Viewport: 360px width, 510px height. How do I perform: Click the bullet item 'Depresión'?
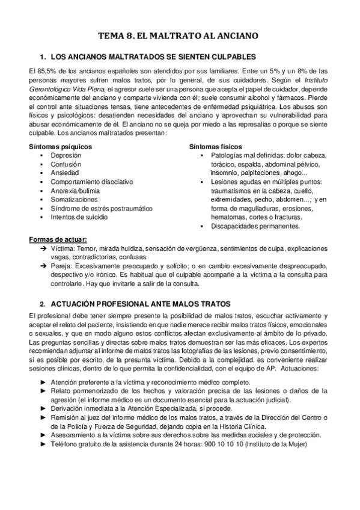click(x=66, y=155)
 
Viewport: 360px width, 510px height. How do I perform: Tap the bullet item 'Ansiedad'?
click(x=64, y=173)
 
